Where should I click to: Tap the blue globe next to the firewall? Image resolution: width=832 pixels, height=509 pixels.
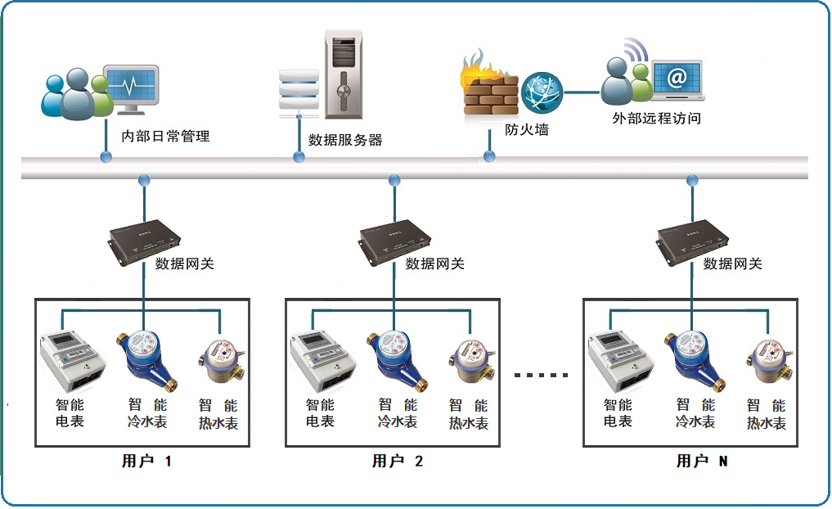(x=542, y=92)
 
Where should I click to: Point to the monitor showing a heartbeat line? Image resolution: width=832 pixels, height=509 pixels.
(x=132, y=88)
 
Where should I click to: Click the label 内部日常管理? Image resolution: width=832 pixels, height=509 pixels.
(x=165, y=136)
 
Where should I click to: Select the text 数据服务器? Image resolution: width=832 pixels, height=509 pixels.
(x=345, y=140)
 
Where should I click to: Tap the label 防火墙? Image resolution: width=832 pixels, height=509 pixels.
(x=526, y=129)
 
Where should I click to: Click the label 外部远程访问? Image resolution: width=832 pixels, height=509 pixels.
(x=656, y=118)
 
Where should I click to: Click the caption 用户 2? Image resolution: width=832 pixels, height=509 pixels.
(x=398, y=462)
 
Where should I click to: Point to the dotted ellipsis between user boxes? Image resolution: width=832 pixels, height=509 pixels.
(x=541, y=375)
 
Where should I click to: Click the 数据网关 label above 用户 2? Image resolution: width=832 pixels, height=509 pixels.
(x=435, y=264)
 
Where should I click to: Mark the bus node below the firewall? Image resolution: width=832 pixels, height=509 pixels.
(x=489, y=155)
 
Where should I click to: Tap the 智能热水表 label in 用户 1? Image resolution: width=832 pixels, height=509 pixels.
(x=218, y=414)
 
